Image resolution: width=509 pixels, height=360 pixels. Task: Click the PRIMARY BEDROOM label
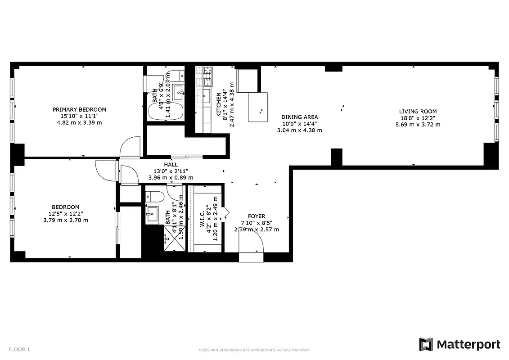tap(79, 109)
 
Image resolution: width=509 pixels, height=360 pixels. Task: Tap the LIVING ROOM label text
tap(418, 112)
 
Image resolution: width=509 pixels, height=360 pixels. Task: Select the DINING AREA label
tap(299, 117)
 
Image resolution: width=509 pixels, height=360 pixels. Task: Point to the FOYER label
tap(257, 216)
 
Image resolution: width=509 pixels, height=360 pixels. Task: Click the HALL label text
tap(171, 165)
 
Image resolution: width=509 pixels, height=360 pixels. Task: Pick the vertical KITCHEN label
tap(219, 104)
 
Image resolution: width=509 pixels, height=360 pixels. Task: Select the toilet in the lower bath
tap(154, 196)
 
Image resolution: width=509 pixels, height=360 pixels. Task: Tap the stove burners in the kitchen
tap(207, 76)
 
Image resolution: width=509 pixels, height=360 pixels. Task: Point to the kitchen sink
tap(204, 96)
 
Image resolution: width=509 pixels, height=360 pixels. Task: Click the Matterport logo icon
tap(426, 344)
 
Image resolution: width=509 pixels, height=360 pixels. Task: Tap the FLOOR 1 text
tap(19, 349)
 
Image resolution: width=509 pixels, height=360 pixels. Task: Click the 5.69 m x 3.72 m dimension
tap(418, 125)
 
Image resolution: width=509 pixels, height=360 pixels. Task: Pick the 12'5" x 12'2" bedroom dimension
tap(66, 214)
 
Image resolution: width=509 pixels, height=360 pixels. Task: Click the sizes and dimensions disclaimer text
tap(254, 350)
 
